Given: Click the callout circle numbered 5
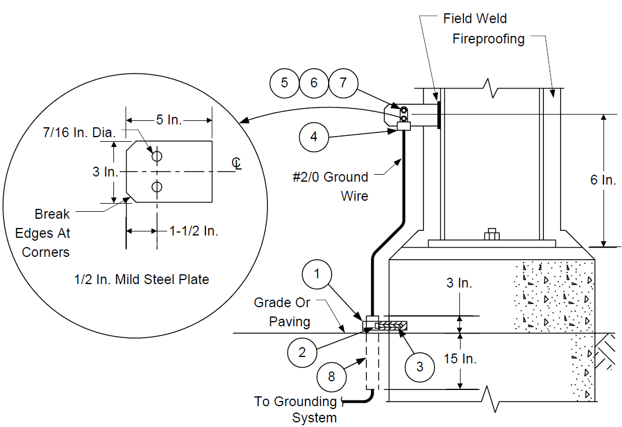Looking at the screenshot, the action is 285,83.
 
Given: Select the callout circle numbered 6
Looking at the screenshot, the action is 314,83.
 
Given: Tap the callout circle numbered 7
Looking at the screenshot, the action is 343,83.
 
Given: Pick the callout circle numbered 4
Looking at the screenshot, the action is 314,137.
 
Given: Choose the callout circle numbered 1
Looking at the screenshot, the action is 316,274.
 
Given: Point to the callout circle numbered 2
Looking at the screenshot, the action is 302,352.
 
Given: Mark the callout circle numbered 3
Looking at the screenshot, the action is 419,367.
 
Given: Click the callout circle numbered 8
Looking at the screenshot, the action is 332,377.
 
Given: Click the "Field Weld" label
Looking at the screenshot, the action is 475,19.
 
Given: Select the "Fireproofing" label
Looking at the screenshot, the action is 488,39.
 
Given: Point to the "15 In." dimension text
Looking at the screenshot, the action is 460,359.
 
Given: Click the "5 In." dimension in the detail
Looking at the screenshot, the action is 169,119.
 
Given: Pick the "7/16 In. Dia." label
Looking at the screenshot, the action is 79,132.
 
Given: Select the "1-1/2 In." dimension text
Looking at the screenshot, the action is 194,230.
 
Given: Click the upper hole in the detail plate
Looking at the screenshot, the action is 157,156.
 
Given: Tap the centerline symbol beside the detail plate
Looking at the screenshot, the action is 237,164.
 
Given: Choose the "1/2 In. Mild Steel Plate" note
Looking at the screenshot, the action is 142,279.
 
